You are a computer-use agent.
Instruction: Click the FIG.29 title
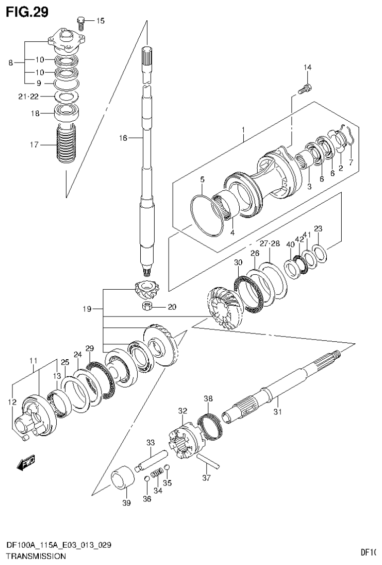pos(27,12)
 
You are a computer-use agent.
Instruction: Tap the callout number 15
pos(100,20)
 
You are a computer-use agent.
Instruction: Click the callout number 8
pos(10,63)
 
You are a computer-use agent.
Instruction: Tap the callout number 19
pos(87,309)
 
